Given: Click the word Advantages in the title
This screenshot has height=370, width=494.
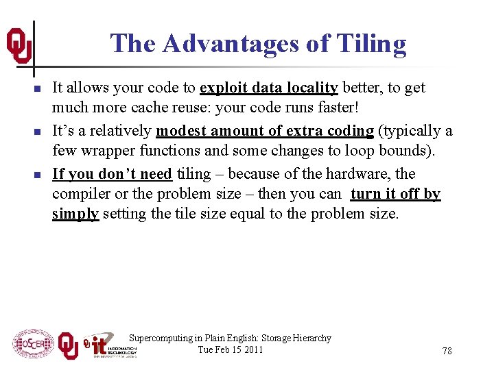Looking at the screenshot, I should (x=230, y=44).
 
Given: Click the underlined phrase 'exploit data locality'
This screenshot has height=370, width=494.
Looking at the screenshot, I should (x=268, y=88).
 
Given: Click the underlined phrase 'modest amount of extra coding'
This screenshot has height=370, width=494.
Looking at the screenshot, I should (x=265, y=131).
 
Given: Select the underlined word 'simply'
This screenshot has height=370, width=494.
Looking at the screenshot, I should (x=76, y=214).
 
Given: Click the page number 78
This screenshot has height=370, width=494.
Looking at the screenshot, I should (x=447, y=351).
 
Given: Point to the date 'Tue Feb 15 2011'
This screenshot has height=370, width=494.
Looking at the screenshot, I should (x=230, y=349).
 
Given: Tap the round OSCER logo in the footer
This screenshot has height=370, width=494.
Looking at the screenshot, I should (x=33, y=343).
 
